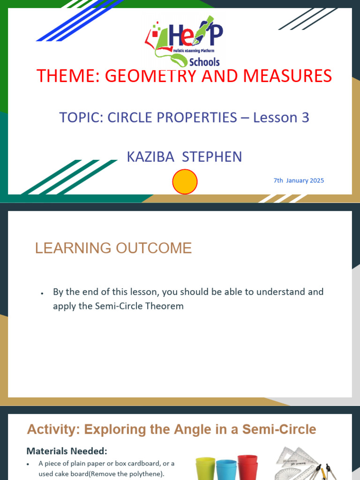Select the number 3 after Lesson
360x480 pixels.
click(x=305, y=117)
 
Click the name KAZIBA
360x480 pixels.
click(x=150, y=157)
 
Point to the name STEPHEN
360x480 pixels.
click(x=212, y=157)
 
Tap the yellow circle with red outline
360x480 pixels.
click(x=185, y=182)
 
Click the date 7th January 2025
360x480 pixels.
click(x=299, y=180)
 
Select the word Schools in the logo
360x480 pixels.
click(x=204, y=62)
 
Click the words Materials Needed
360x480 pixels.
click(x=67, y=451)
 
